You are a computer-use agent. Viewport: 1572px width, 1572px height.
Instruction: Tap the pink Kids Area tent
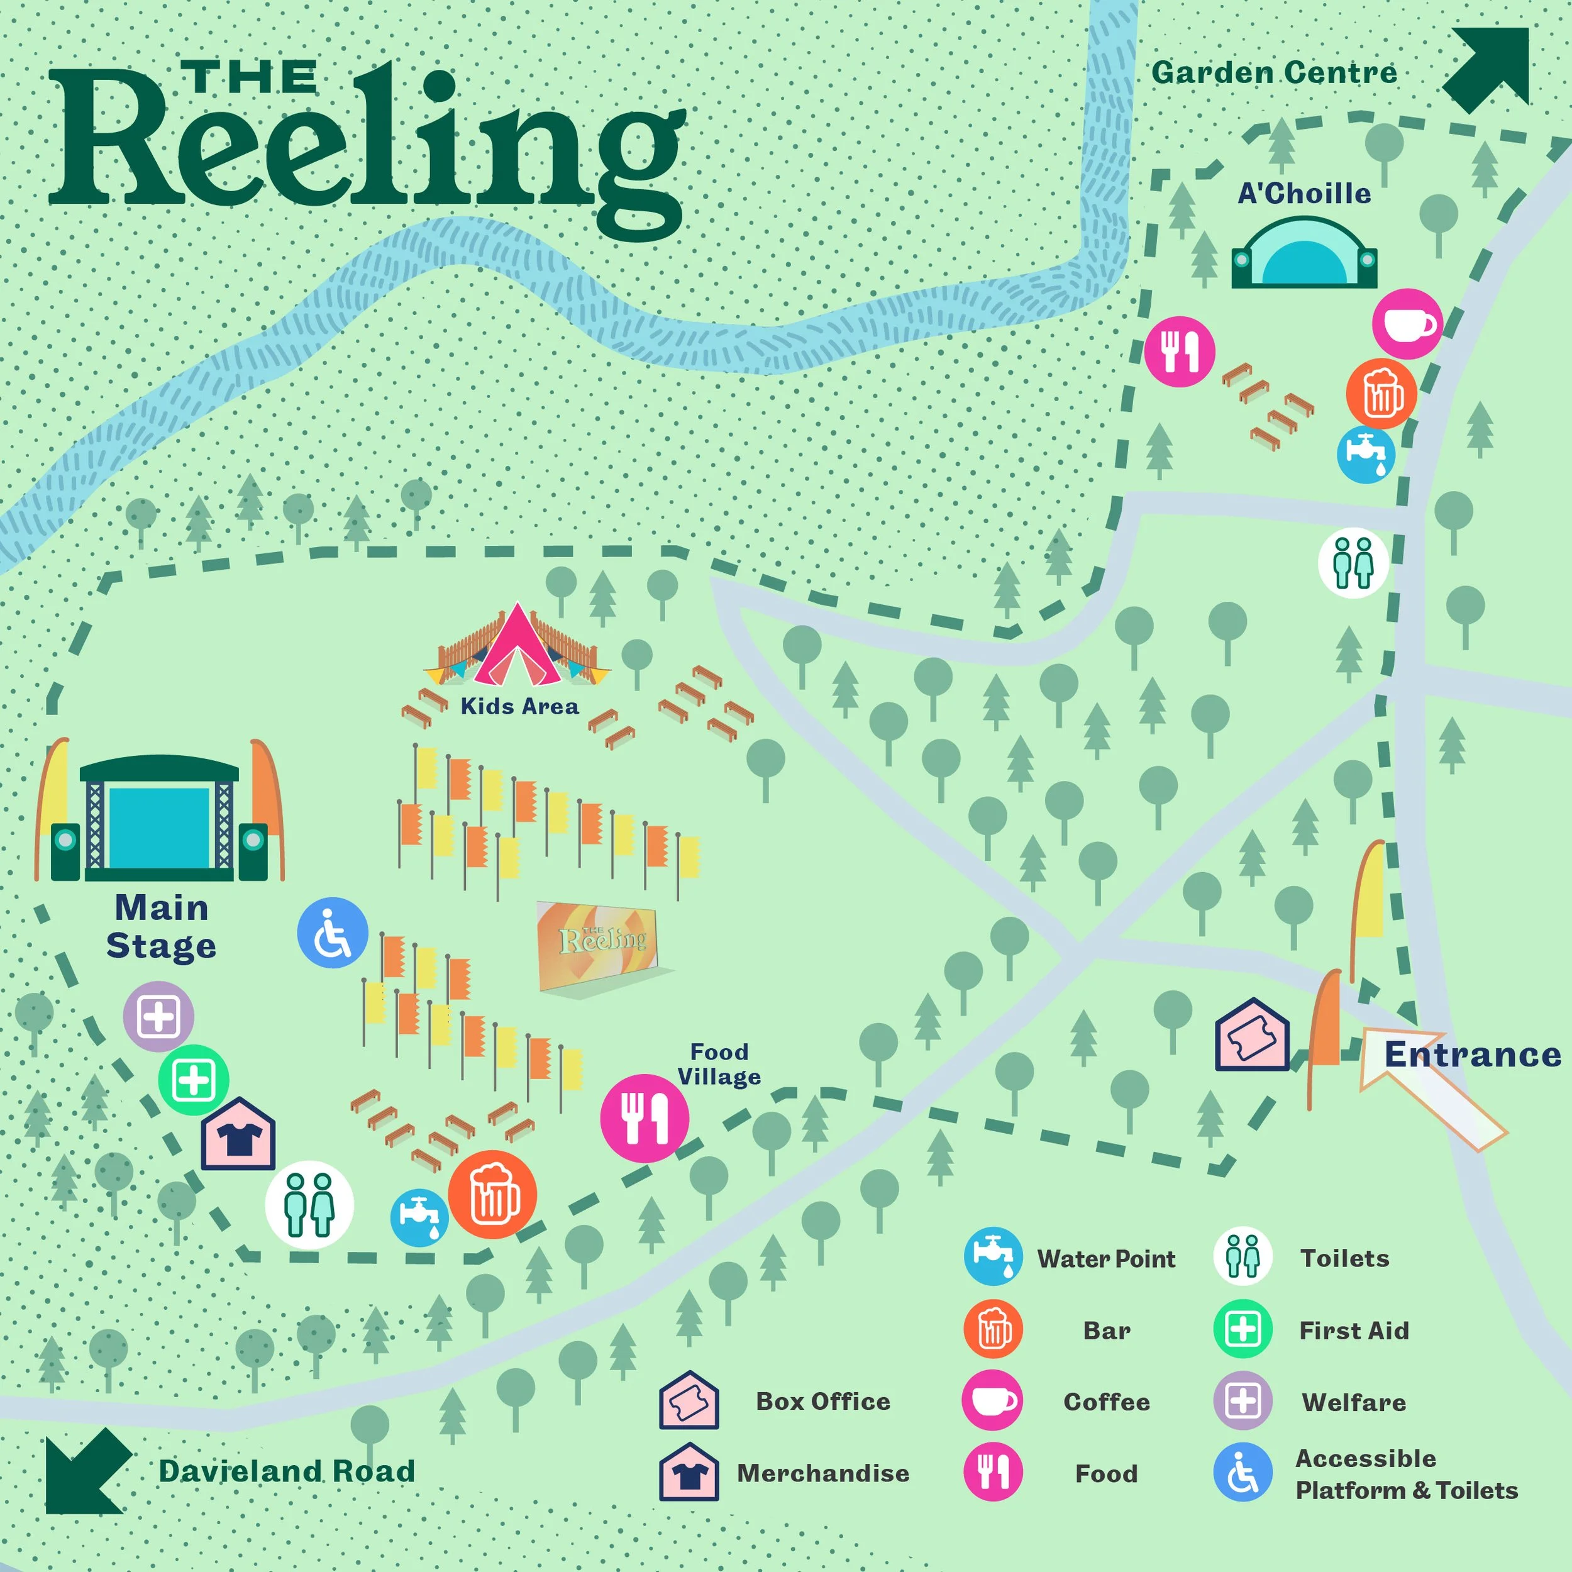pyautogui.click(x=518, y=647)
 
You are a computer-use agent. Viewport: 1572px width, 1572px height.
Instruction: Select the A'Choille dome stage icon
pyautogui.click(x=1304, y=254)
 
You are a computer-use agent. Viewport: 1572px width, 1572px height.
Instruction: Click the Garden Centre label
pyautogui.click(x=1273, y=73)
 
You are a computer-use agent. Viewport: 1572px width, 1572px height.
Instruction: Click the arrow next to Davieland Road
pyautogui.click(x=86, y=1471)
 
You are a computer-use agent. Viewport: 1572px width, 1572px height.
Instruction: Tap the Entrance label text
pyautogui.click(x=1473, y=1054)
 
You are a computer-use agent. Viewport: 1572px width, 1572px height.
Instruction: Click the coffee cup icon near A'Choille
pyautogui.click(x=1407, y=324)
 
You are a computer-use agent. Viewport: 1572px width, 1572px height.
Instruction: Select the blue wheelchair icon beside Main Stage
pyautogui.click(x=332, y=933)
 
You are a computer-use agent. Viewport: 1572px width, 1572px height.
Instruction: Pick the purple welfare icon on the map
pyautogui.click(x=158, y=1016)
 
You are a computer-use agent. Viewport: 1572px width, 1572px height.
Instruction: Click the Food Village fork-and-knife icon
pyautogui.click(x=645, y=1118)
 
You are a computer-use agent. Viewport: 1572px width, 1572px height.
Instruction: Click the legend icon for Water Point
pyautogui.click(x=993, y=1257)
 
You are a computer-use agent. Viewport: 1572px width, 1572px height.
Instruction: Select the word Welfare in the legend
pyautogui.click(x=1354, y=1402)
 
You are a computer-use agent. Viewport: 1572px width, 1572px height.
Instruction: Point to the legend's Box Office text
pyautogui.click(x=822, y=1401)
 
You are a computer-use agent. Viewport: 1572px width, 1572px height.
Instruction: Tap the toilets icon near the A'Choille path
pyautogui.click(x=1353, y=562)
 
